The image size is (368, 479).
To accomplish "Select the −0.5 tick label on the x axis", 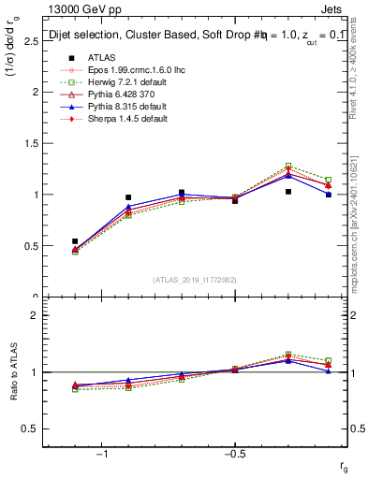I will point(234,454).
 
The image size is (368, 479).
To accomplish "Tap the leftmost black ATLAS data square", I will point(76,241).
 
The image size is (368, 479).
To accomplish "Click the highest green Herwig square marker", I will point(288,166).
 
